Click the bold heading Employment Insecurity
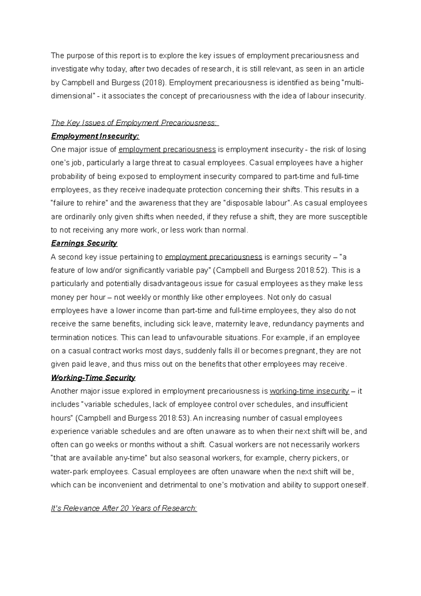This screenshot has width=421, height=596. [95, 136]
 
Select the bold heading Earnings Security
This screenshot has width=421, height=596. [84, 243]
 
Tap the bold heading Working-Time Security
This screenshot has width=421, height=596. [93, 378]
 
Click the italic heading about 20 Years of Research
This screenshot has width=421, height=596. [124, 508]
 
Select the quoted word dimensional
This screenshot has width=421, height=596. [72, 96]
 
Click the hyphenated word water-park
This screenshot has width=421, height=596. [69, 472]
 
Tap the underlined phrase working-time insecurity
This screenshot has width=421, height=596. [309, 391]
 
